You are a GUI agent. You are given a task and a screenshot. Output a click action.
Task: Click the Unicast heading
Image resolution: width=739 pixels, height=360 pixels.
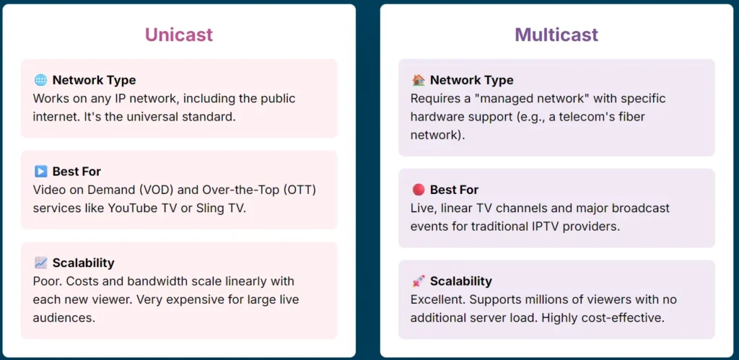(179, 35)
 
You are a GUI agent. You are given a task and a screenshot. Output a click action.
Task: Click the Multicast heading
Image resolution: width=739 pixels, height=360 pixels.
(556, 35)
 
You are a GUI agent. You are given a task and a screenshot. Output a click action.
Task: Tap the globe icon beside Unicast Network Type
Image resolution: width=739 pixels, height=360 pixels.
(40, 80)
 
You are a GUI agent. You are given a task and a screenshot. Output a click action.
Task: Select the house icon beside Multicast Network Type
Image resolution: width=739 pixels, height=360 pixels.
(418, 80)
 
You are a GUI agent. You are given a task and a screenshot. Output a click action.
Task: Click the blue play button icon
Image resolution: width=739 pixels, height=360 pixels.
(40, 172)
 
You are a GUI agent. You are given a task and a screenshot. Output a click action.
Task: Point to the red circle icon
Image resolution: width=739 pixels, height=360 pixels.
(418, 190)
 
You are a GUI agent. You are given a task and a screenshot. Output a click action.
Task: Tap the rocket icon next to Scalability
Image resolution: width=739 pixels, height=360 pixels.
(418, 281)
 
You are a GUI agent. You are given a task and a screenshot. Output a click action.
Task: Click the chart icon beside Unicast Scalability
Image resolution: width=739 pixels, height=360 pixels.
(40, 263)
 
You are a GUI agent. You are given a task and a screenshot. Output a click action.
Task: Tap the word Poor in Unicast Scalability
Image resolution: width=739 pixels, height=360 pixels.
(47, 281)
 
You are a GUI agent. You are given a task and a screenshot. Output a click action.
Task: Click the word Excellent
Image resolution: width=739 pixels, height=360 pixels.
(437, 299)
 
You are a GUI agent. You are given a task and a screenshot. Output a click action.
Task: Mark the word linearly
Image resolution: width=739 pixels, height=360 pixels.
(244, 281)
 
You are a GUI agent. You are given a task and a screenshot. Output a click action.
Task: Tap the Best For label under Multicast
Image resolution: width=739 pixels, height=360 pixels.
(454, 190)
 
